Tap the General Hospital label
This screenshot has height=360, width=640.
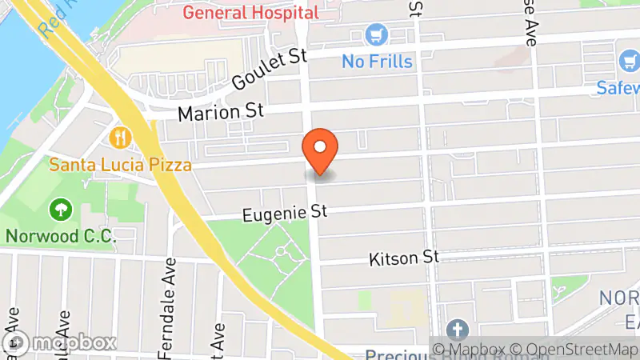(x=250, y=12)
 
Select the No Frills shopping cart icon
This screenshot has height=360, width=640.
(x=376, y=35)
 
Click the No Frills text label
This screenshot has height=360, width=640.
(x=377, y=61)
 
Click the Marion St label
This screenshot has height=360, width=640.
(x=220, y=113)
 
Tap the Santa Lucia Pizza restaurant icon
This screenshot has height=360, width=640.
(x=121, y=138)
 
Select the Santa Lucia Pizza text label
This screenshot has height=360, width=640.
(x=120, y=166)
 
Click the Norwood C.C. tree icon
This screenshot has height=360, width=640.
(x=60, y=210)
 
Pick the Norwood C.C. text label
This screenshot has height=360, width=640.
(x=60, y=236)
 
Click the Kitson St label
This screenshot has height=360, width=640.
(x=405, y=258)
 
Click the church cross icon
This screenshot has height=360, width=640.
(x=457, y=330)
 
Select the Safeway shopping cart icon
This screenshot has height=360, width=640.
(x=628, y=61)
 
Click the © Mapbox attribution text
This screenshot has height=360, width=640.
(x=467, y=349)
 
